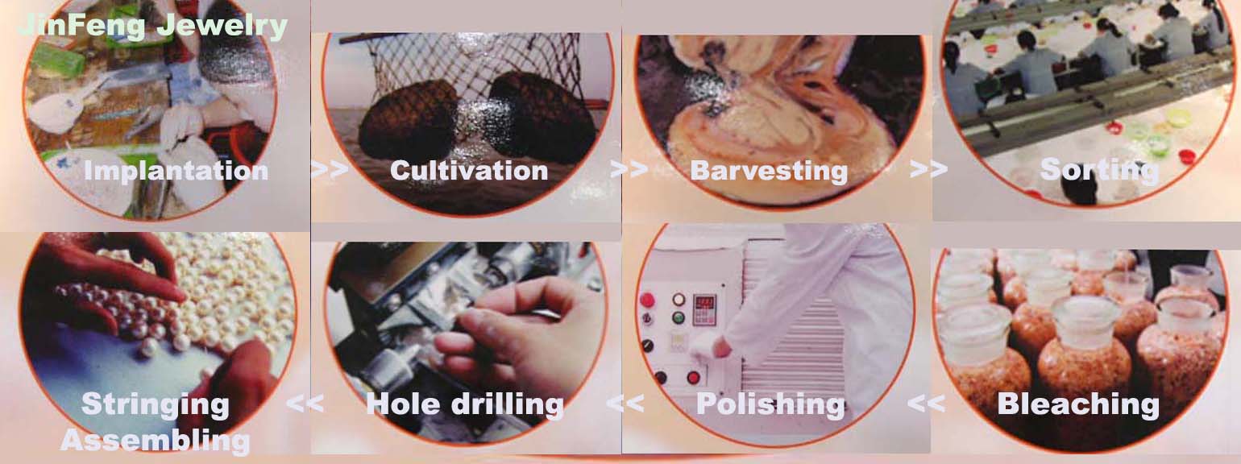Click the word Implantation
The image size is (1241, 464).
point(176,170)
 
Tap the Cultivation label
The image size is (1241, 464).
point(469,170)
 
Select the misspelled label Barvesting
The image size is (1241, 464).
point(769,171)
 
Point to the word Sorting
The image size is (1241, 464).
point(1100,169)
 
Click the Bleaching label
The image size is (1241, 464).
point(1078,404)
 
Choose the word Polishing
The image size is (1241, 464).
point(770,404)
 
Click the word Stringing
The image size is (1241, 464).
point(155,404)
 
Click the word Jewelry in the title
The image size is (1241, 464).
point(222,26)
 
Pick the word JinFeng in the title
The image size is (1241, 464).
point(81,26)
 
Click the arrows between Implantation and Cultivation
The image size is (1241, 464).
point(330,169)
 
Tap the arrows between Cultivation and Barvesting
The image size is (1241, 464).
point(629,169)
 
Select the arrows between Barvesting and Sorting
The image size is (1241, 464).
point(928,169)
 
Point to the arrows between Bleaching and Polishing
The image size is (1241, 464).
point(927,403)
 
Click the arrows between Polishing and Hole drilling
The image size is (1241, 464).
point(625,403)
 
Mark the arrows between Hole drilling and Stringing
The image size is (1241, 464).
point(305,403)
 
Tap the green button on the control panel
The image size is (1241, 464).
point(679,318)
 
